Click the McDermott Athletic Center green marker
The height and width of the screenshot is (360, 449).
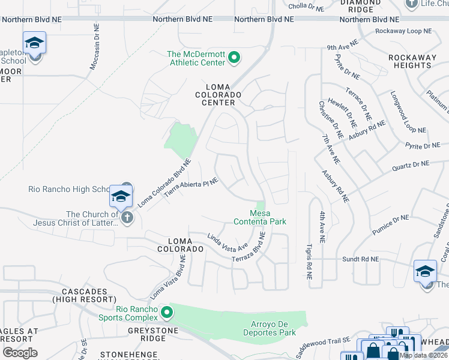(x=235, y=58)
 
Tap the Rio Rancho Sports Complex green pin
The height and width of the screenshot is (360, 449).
(x=167, y=313)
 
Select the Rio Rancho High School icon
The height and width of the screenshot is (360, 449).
(x=120, y=196)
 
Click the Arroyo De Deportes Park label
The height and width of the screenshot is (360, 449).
(x=270, y=328)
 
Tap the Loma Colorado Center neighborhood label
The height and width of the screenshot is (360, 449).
(x=217, y=98)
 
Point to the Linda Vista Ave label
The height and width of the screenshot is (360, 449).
(x=228, y=242)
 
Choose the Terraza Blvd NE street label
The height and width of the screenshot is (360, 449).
(x=249, y=252)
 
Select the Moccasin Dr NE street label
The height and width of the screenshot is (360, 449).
(x=94, y=47)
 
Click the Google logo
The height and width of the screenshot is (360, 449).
(x=20, y=353)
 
